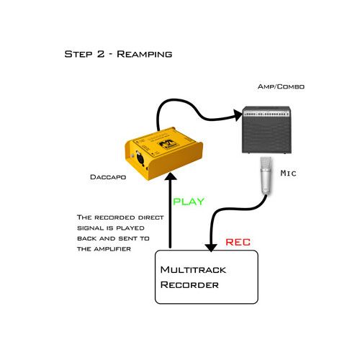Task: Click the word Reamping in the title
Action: (145, 54)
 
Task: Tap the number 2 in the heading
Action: (101, 54)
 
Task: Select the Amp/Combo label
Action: (281, 86)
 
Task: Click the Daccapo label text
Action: (108, 177)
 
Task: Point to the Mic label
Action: (289, 173)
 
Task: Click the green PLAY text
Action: (189, 202)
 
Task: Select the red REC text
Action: (238, 242)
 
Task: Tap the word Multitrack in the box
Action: (193, 270)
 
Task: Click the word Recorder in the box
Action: (189, 285)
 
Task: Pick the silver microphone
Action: (266, 175)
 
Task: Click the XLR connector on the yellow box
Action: (140, 158)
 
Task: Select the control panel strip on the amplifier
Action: (266, 113)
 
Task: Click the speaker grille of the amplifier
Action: (266, 135)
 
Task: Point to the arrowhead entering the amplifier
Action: (238, 115)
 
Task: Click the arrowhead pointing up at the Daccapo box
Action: (171, 176)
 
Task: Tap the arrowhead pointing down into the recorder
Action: (211, 248)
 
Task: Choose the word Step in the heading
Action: (78, 54)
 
